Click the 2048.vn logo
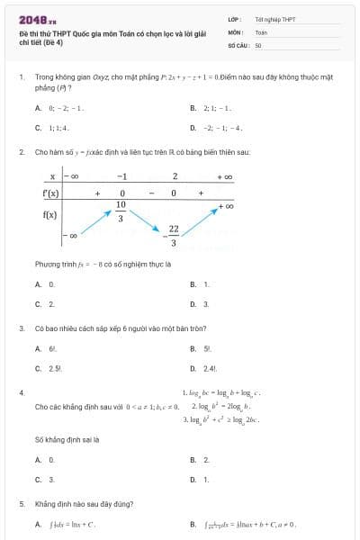(37, 19)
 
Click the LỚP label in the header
(234, 19)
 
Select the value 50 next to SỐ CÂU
(258, 44)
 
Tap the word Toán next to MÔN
(261, 31)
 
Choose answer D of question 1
(216, 128)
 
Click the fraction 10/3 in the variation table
(121, 211)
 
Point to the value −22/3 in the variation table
(173, 236)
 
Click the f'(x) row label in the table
(51, 193)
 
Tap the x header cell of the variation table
(52, 175)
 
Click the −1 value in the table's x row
(121, 175)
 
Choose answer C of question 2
(45, 304)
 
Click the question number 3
(22, 328)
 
